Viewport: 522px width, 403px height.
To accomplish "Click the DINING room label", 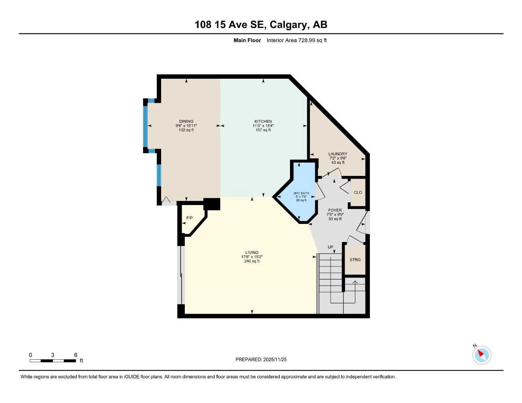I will point(186,122).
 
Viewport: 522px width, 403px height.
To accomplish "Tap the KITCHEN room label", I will point(263,122).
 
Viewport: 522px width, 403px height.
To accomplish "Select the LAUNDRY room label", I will point(338,154).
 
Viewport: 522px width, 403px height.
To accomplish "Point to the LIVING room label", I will point(252,253).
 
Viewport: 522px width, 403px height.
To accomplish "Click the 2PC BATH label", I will point(301,193).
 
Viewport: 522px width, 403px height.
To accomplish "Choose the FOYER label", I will point(335,211).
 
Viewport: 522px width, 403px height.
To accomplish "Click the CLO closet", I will point(358,192).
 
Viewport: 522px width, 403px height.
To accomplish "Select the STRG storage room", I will point(355,260).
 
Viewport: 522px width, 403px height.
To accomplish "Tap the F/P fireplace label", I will point(189,218).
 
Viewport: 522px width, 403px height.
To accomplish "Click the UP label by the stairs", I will point(331,247).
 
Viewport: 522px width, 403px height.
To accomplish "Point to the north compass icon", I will point(481,355).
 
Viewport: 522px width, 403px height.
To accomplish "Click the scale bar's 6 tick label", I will point(76,355).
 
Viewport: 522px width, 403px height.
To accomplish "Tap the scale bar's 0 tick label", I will point(30,355).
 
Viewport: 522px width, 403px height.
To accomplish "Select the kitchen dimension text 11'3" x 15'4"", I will point(263,126).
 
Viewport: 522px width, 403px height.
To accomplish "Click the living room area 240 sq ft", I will point(252,261).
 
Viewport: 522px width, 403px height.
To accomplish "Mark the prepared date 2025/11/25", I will point(275,360).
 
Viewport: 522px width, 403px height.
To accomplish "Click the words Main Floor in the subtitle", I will point(247,40).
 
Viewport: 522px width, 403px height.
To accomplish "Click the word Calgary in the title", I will point(290,25).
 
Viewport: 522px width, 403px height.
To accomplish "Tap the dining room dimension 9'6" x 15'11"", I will point(186,126).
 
